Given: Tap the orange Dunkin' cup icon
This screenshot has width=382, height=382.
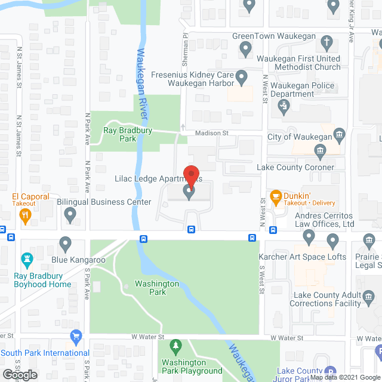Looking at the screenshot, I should click(276, 196).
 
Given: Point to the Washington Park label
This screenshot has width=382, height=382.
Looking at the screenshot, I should click(157, 288).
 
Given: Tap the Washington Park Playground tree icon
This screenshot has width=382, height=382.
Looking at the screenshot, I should click(175, 346).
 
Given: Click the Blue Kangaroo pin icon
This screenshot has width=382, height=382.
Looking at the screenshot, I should click(65, 244).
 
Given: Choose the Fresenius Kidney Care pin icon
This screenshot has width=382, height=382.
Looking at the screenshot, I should click(242, 76).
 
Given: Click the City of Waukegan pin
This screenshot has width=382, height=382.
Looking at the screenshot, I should click(339, 134).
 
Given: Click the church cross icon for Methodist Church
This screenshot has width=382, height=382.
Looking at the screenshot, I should click(326, 42).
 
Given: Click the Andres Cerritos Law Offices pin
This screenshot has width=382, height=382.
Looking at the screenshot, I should click(309, 238).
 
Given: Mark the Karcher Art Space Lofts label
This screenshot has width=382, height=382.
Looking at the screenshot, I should click(302, 257).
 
